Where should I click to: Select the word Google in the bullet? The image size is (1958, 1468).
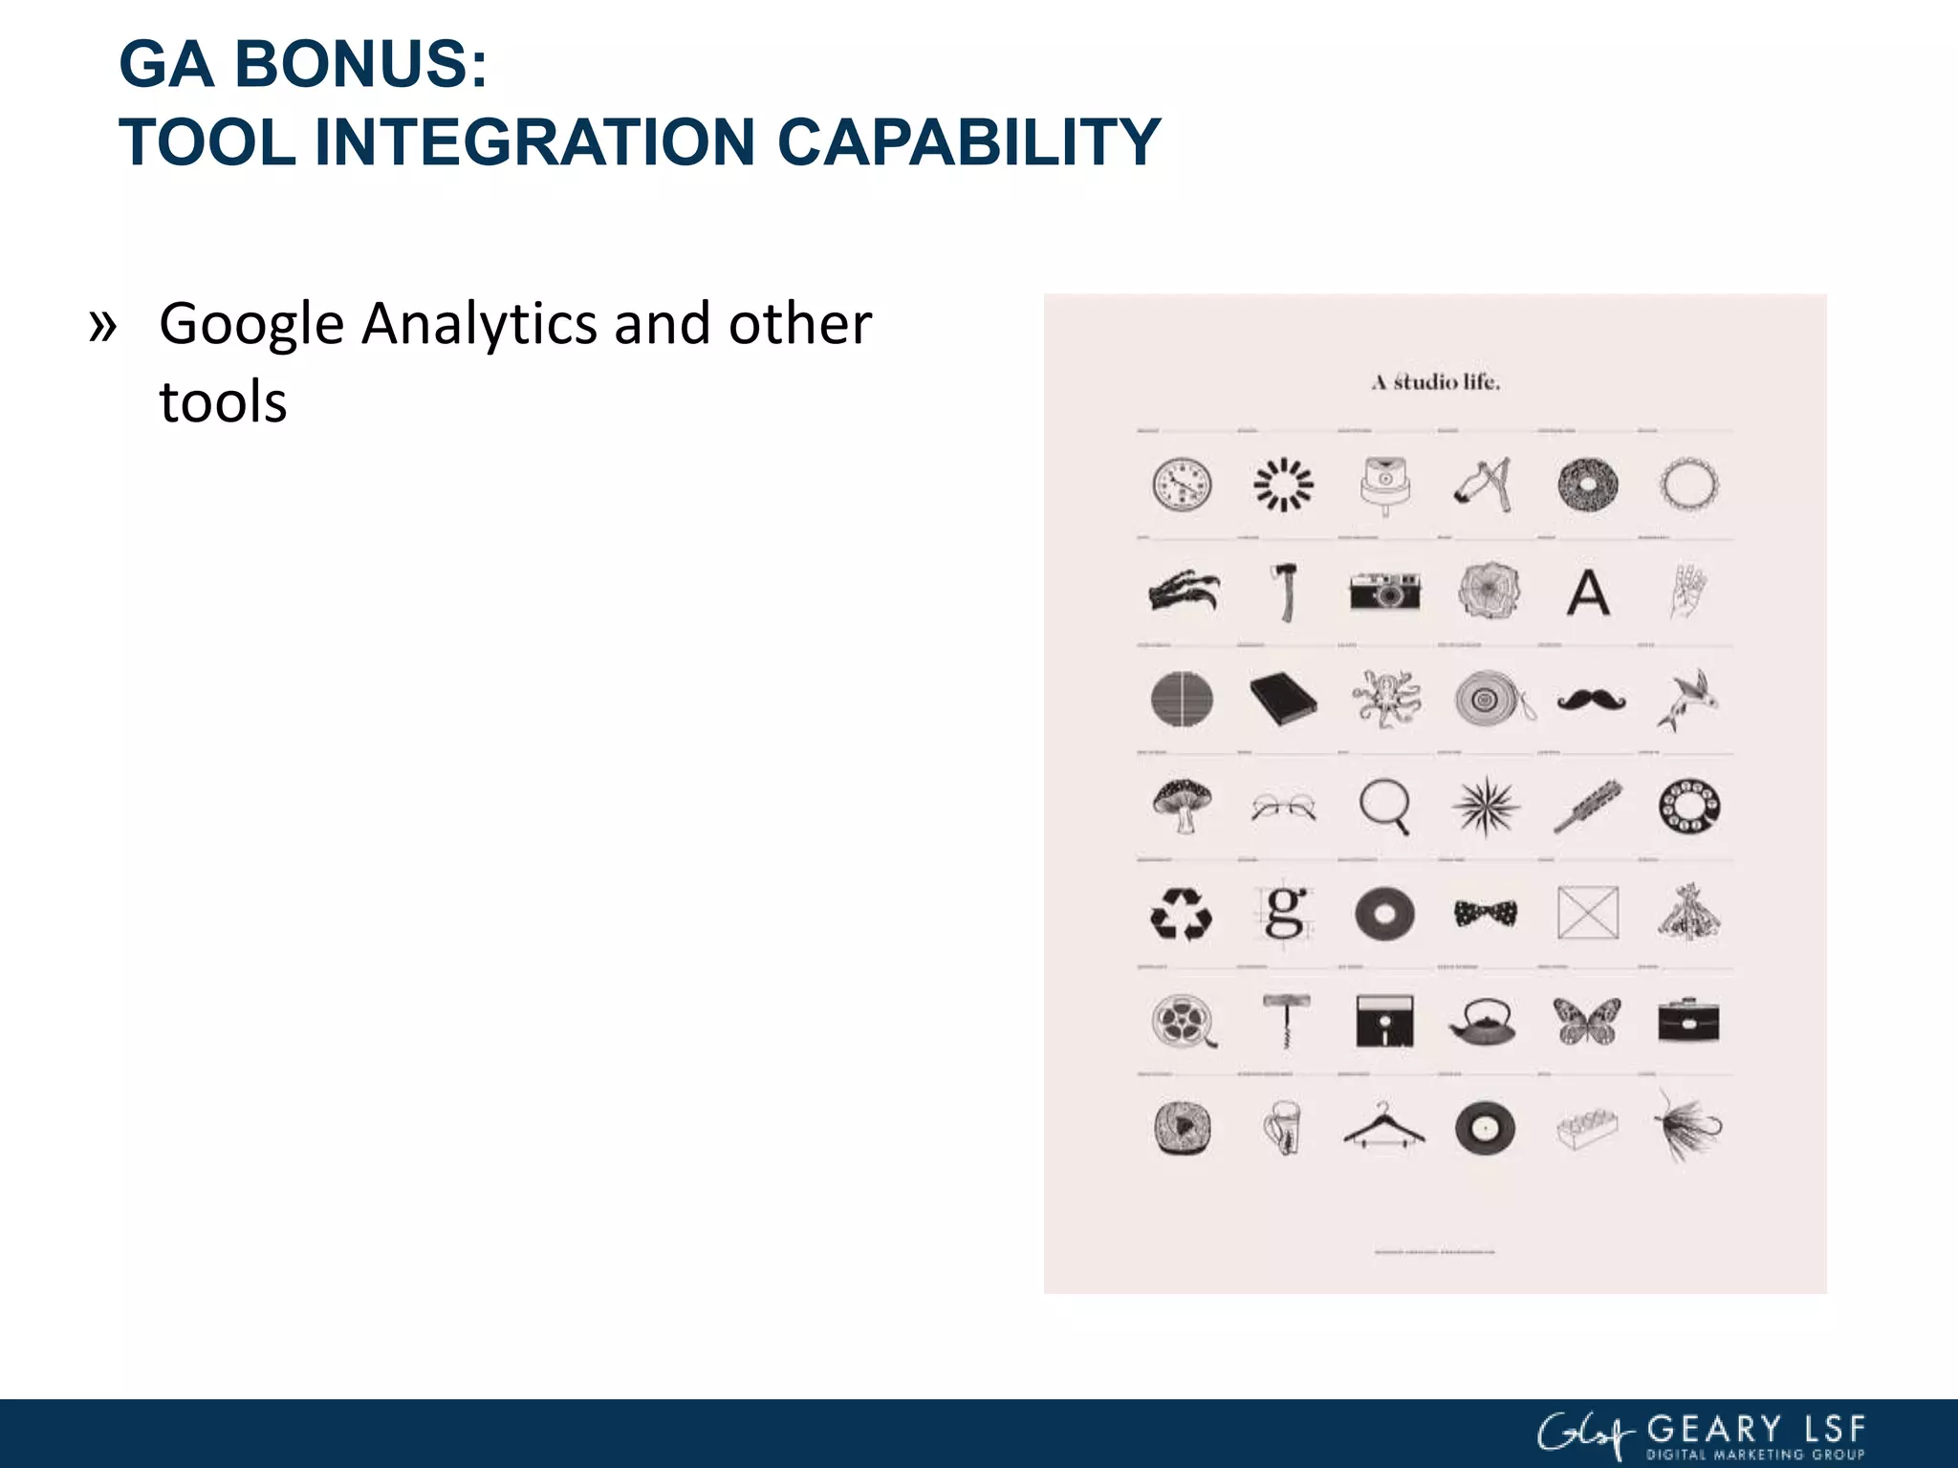tap(251, 325)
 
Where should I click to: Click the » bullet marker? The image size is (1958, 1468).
tap(102, 325)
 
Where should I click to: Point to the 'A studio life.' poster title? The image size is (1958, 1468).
tap(1435, 382)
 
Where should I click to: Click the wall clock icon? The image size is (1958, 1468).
tap(1182, 485)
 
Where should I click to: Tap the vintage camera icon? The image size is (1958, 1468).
tap(1384, 592)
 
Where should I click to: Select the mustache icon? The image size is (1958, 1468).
tap(1590, 701)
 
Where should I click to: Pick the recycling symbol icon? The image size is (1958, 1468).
tap(1181, 915)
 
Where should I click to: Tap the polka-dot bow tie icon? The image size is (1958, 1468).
tap(1485, 914)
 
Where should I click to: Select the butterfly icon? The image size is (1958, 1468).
tap(1587, 1021)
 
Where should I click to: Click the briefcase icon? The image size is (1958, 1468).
tap(1688, 1021)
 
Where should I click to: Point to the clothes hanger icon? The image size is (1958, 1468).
tap(1383, 1126)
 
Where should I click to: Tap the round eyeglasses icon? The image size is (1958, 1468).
tap(1283, 809)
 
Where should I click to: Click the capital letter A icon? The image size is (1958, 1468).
tap(1588, 593)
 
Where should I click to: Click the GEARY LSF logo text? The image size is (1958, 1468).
tap(1755, 1430)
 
